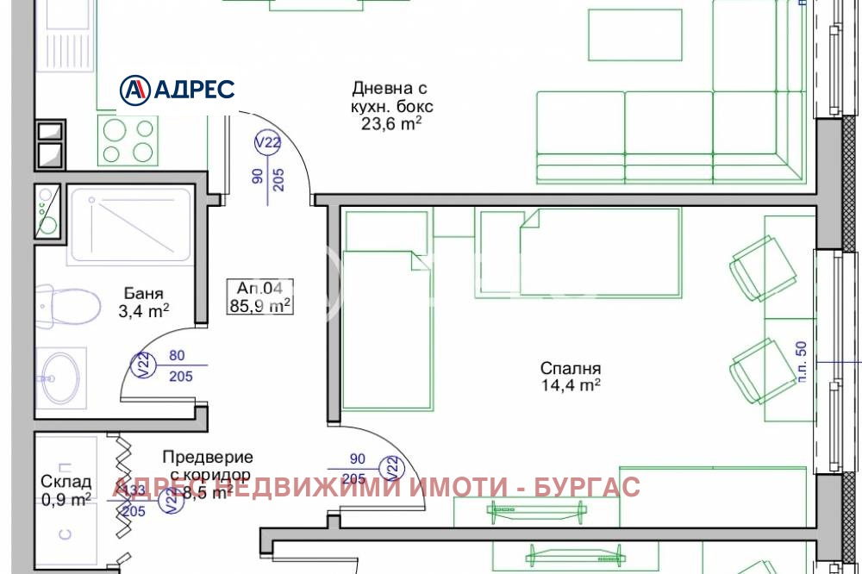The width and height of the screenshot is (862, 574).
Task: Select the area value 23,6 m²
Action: [390, 123]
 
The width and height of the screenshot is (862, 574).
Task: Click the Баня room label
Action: [144, 293]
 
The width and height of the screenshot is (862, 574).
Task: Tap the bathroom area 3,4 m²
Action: [144, 310]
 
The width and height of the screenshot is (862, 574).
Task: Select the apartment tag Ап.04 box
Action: [259, 296]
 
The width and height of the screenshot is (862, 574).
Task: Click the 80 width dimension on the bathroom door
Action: [177, 354]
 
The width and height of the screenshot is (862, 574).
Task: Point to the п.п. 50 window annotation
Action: [801, 359]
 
